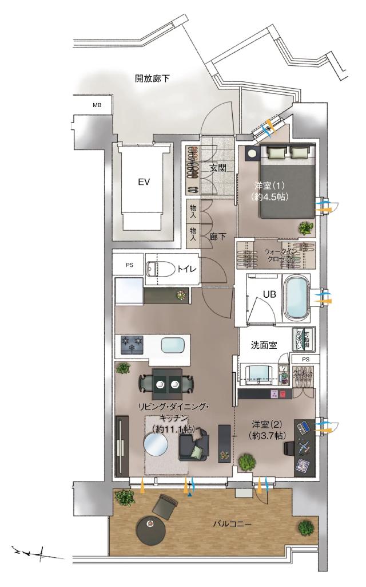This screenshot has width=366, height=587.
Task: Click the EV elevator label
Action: point(144,182)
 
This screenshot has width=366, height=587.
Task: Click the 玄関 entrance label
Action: point(218,168)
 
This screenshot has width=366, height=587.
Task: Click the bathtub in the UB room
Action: point(295,297)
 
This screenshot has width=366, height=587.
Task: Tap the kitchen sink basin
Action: point(173,346)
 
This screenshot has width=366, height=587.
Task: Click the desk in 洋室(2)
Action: point(304,447)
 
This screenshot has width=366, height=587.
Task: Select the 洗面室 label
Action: point(264,345)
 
